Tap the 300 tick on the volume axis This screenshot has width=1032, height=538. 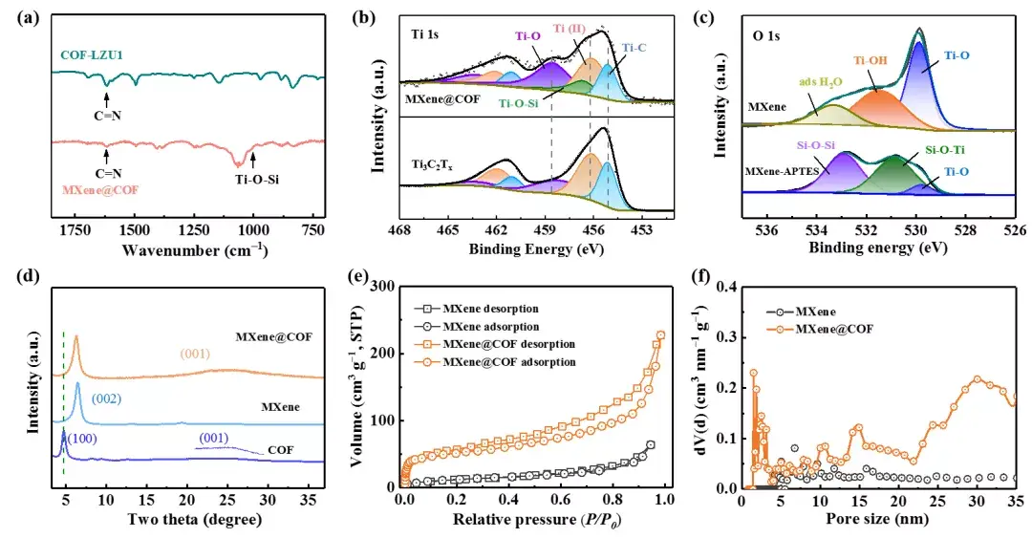(x=386, y=287)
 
